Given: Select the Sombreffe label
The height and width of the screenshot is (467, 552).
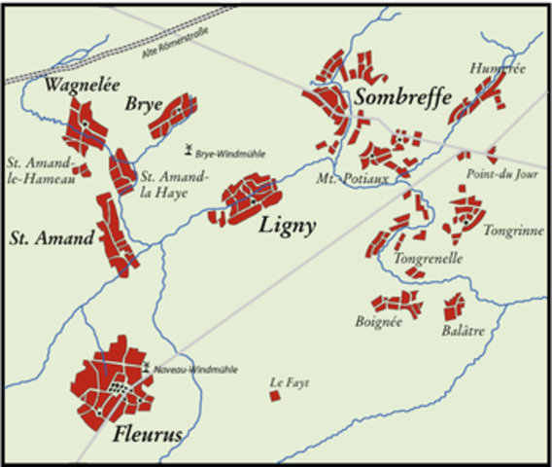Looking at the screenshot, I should click(x=401, y=97).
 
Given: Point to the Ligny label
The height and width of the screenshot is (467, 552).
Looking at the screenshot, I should click(x=287, y=227).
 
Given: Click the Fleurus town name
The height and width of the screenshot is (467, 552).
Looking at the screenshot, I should click(x=147, y=435).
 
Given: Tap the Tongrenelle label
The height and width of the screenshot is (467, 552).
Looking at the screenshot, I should click(x=428, y=259).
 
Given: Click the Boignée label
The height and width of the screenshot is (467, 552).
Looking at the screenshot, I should click(x=378, y=322).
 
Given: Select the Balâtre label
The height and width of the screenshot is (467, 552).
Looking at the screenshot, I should click(x=463, y=332).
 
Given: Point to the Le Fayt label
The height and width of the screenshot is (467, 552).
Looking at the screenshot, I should click(x=290, y=382).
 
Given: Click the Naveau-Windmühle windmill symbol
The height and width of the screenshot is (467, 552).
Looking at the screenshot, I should click(x=146, y=369).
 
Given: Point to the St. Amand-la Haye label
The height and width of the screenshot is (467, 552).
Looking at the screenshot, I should click(x=174, y=184).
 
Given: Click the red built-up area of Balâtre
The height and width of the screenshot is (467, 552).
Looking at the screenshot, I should click(x=453, y=307).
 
